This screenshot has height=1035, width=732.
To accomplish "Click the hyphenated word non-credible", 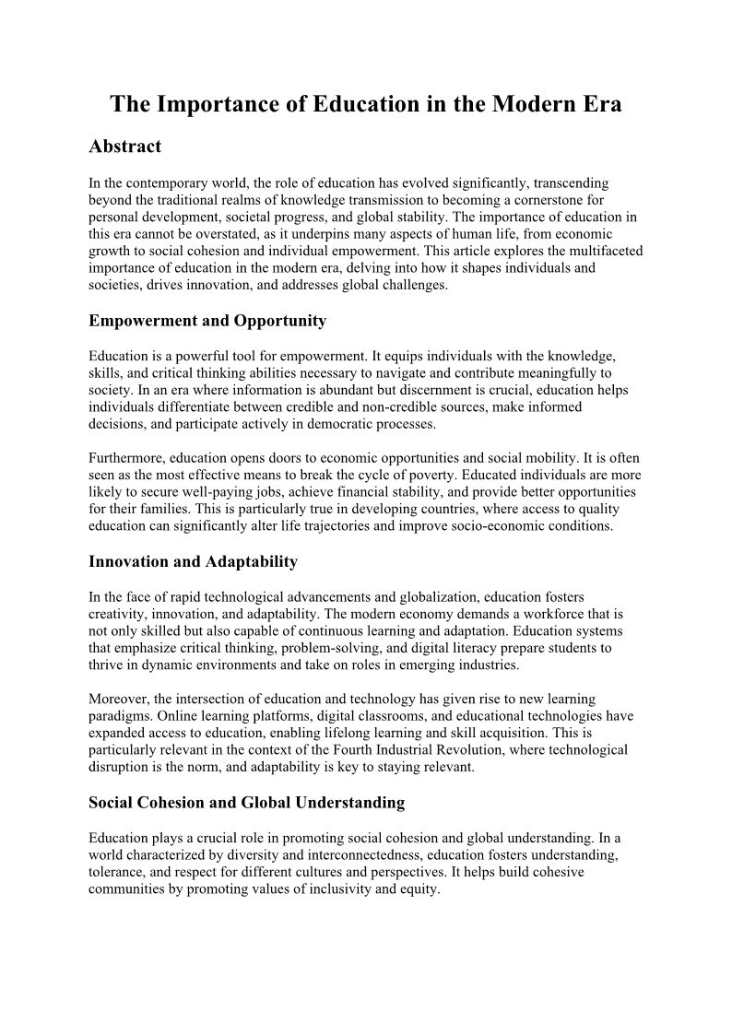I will click(385, 407).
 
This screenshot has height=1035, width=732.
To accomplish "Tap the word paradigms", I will click(121, 716).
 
